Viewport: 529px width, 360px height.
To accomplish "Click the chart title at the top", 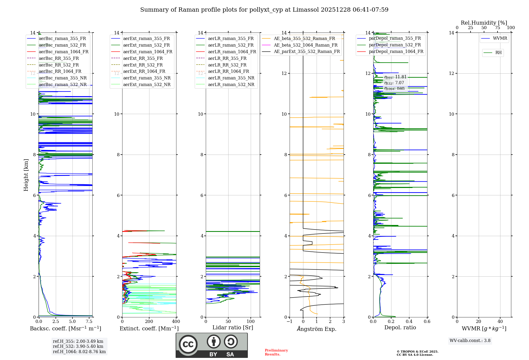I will [x=264, y=10].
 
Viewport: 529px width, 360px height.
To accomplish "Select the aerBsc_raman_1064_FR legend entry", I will [x=63, y=52].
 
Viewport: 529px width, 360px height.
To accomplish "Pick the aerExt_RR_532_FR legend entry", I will [x=143, y=65].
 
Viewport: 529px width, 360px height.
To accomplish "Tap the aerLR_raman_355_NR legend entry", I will [x=231, y=78].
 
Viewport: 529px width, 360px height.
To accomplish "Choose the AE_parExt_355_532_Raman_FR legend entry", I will [x=307, y=51].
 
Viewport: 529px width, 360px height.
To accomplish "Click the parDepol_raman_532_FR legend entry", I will [x=395, y=45].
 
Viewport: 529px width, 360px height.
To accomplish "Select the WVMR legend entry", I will [x=500, y=38].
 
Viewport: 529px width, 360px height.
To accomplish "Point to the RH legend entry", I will [x=498, y=53].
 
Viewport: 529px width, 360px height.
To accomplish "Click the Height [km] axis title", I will [x=26, y=175].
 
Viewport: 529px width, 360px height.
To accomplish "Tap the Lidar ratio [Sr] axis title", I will [x=233, y=327].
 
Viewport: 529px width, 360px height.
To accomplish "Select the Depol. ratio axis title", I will [x=400, y=327].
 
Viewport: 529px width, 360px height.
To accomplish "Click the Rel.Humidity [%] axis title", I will [x=484, y=23].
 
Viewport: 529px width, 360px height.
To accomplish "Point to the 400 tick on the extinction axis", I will [x=176, y=322].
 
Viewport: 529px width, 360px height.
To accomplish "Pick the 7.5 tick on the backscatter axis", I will [x=89, y=322].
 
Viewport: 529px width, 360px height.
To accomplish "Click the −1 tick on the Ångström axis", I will [x=290, y=322].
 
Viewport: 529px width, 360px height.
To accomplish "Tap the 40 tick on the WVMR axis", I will [x=500, y=322].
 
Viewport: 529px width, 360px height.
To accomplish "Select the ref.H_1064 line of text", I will [x=79, y=352].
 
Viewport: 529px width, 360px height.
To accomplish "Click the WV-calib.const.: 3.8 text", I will [x=470, y=341].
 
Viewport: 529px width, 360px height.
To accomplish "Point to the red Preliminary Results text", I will [x=276, y=352].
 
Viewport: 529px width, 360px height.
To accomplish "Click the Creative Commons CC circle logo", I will [x=188, y=344].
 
